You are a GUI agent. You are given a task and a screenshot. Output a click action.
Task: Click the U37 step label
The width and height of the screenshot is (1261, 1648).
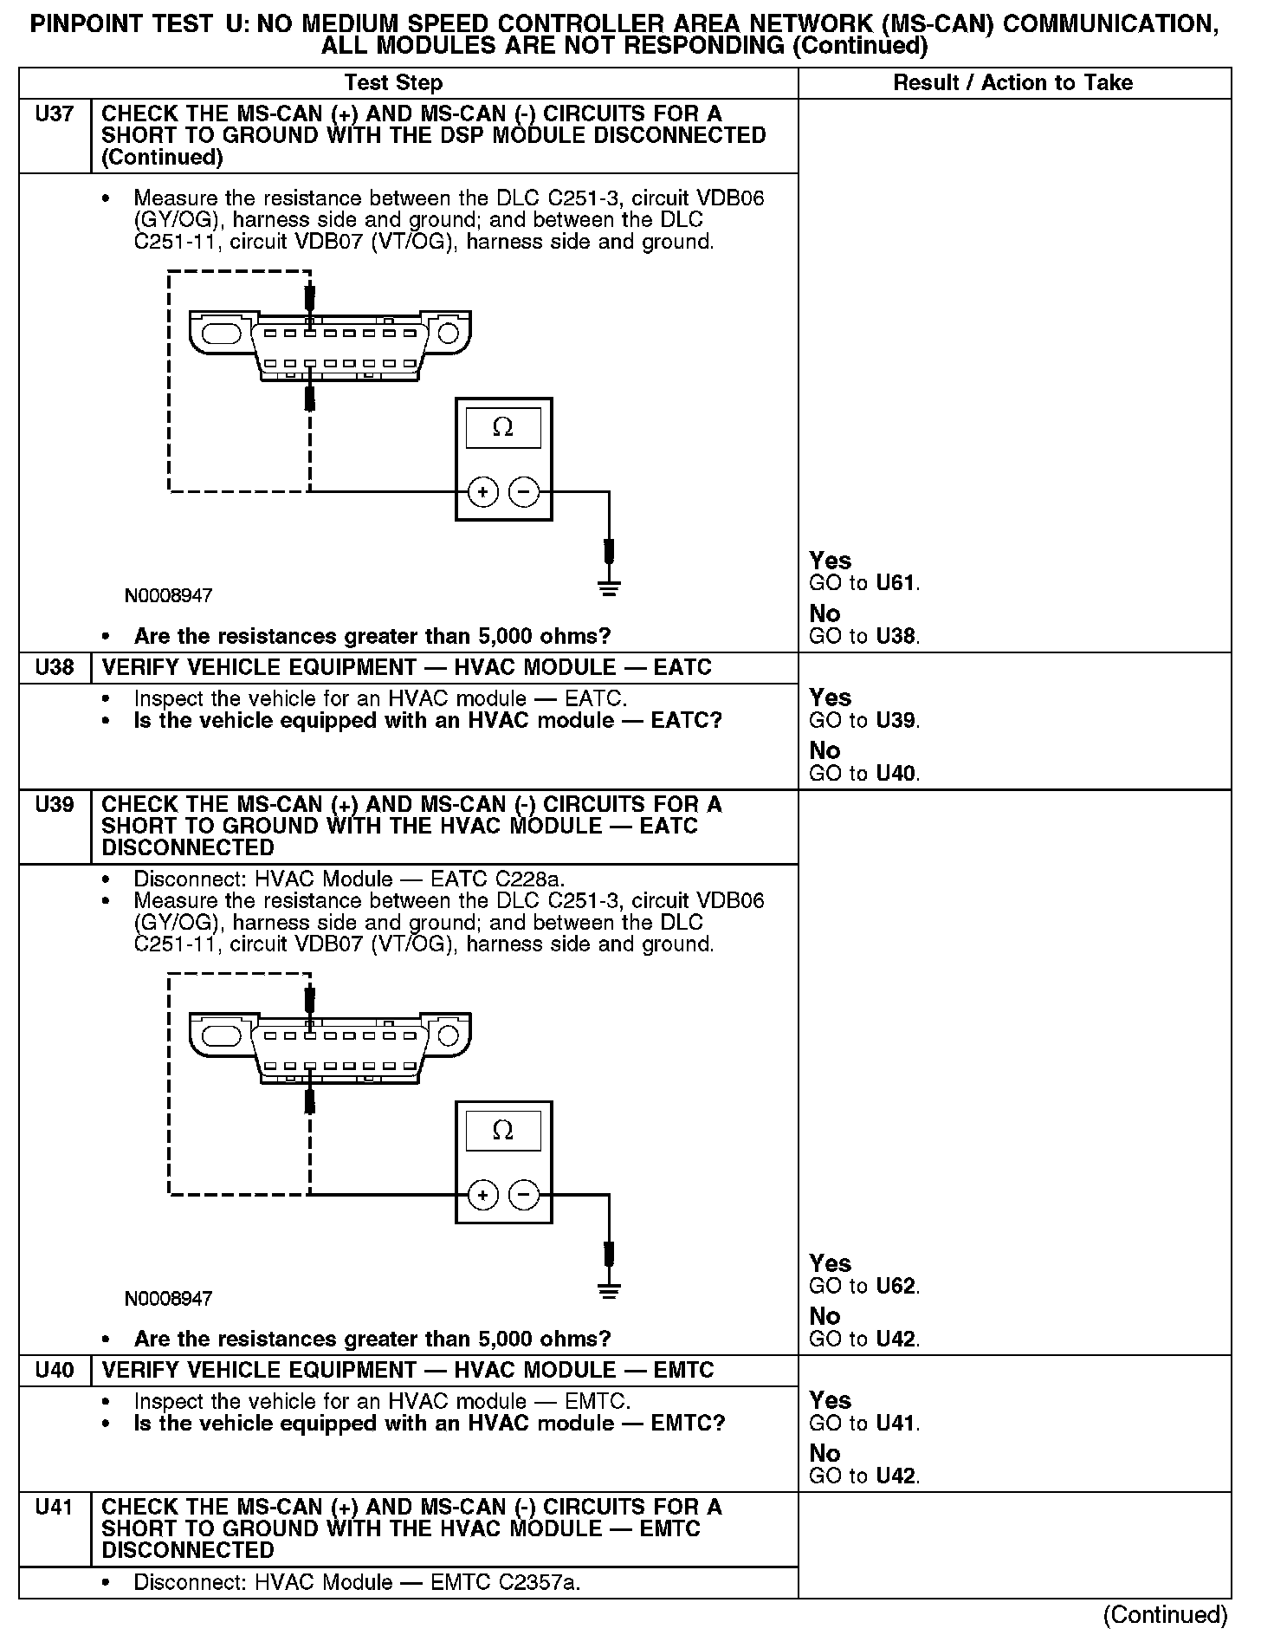(54, 114)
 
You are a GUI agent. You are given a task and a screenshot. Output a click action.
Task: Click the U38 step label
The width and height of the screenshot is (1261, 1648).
(54, 668)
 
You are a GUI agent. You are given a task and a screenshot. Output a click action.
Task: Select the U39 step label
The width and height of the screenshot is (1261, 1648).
(54, 805)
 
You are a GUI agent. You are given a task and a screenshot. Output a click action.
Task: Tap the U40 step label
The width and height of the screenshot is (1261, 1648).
(54, 1371)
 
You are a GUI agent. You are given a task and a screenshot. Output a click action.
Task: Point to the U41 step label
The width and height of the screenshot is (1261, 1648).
(54, 1508)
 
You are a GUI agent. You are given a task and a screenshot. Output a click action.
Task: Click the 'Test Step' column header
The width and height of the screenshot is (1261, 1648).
(393, 83)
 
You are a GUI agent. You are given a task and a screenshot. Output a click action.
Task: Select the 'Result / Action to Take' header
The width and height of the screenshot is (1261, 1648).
(1012, 83)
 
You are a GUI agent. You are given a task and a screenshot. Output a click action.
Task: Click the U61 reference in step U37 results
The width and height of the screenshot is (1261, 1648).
(896, 583)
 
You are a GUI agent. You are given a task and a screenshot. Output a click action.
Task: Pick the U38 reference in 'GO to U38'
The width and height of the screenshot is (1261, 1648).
(896, 637)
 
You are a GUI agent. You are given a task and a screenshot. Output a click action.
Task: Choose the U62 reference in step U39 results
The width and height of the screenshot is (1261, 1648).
(896, 1286)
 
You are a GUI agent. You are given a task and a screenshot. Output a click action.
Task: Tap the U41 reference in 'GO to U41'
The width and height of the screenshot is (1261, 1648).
(896, 1424)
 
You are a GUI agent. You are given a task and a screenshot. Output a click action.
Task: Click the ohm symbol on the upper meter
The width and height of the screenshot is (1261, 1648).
(502, 427)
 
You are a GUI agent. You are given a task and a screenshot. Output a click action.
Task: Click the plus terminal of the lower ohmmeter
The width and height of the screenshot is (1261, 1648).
(482, 1196)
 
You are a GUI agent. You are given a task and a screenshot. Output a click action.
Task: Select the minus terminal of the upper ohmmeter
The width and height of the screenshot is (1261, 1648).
(523, 493)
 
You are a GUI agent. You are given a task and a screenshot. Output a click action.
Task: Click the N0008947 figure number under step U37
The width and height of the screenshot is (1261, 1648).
(168, 596)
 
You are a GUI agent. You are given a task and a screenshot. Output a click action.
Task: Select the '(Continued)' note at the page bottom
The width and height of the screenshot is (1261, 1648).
(1165, 1615)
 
